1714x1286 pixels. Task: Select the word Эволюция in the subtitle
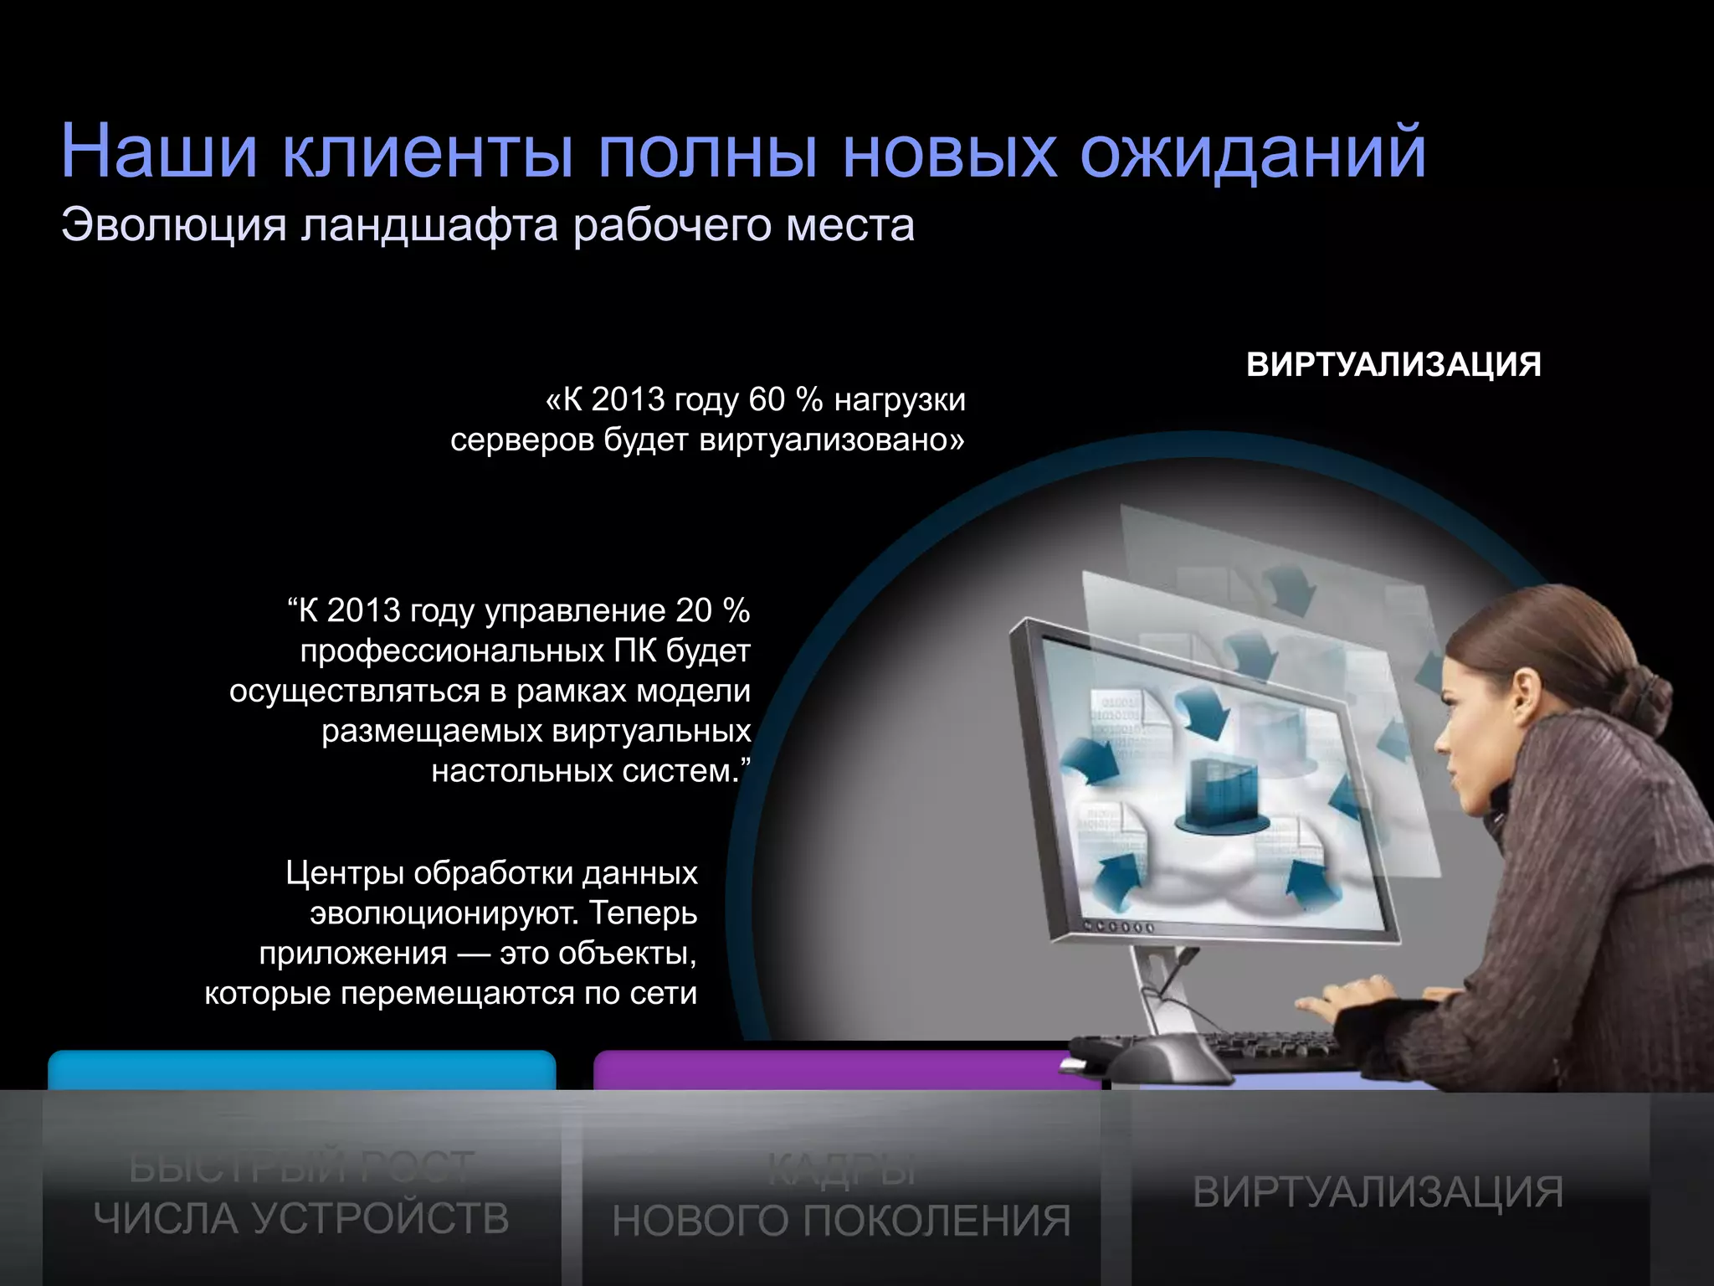point(173,226)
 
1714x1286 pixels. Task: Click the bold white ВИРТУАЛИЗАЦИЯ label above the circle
point(1393,365)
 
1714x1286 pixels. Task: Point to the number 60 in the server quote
point(766,399)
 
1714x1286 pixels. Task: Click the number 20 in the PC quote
point(693,610)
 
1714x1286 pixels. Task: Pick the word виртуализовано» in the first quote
point(831,440)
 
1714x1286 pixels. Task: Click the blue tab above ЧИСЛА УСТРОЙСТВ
point(301,1070)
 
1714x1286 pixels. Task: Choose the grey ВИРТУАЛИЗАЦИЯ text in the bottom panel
point(1378,1192)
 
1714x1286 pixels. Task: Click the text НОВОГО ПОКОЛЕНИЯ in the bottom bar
point(841,1221)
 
